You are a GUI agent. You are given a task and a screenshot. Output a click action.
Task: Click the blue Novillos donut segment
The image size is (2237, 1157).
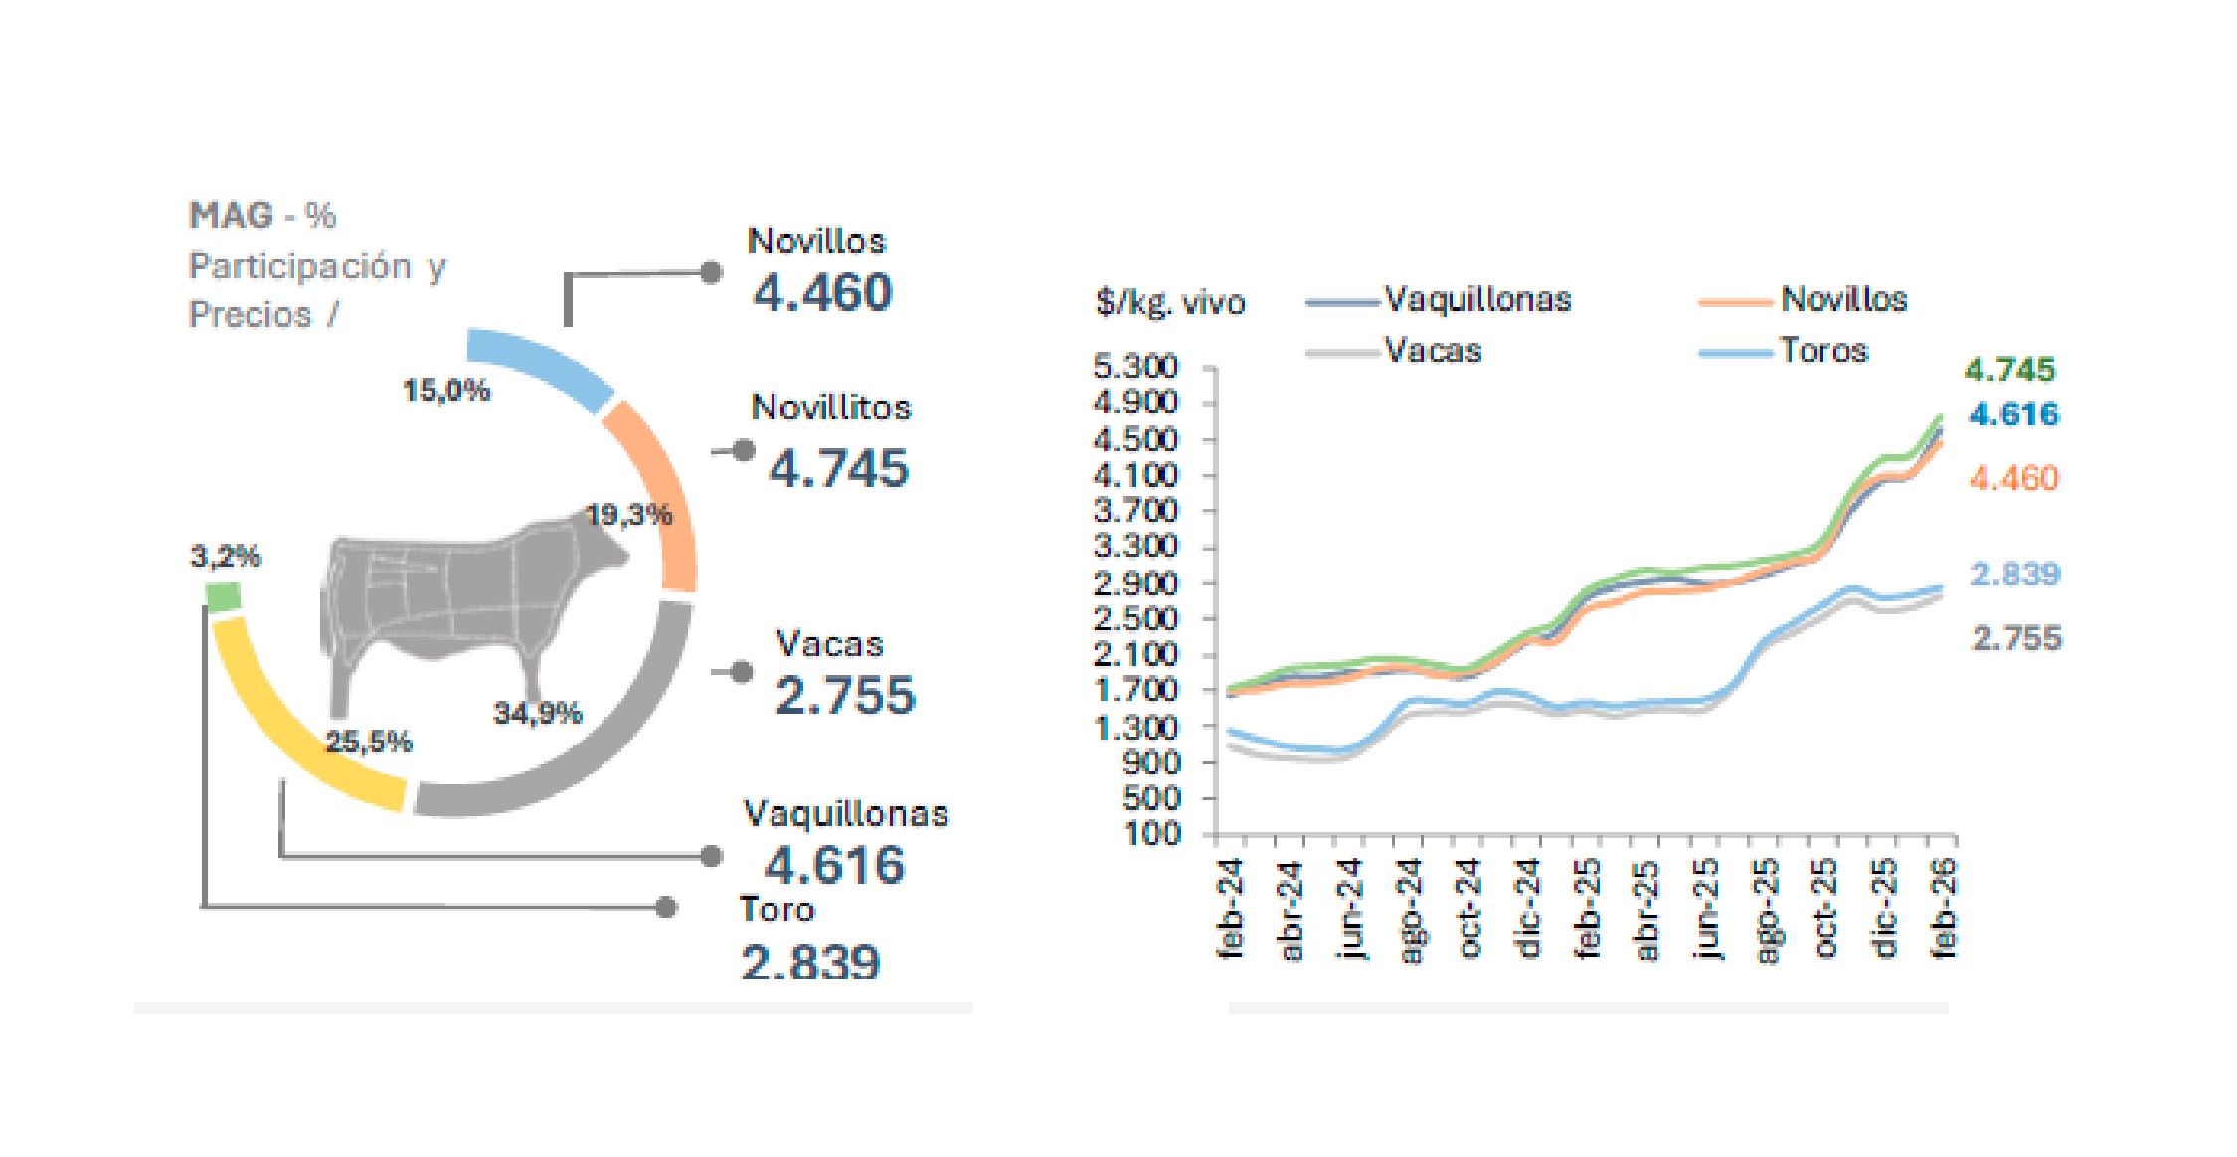click(542, 366)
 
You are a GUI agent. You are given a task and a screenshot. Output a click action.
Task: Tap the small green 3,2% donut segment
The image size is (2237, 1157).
click(223, 596)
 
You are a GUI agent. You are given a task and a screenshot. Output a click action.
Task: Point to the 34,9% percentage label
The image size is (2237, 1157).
click(537, 713)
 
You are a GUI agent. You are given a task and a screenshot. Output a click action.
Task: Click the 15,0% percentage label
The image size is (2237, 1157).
click(445, 390)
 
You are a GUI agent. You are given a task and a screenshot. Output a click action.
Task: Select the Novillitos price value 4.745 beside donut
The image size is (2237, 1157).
click(838, 468)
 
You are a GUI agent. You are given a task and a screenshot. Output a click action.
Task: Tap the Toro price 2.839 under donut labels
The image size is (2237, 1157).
click(810, 962)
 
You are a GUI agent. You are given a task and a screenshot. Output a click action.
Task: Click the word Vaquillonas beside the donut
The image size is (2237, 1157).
click(845, 814)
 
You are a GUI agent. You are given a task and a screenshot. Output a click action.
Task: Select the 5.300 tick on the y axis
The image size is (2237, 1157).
click(1134, 367)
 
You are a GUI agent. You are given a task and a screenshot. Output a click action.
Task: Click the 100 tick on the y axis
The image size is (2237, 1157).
click(1152, 833)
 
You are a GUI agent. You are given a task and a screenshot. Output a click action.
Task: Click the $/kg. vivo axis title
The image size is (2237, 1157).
click(1169, 301)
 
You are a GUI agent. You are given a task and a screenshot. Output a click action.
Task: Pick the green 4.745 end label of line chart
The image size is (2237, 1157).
click(2009, 370)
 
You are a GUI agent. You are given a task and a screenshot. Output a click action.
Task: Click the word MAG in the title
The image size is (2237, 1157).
click(231, 216)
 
